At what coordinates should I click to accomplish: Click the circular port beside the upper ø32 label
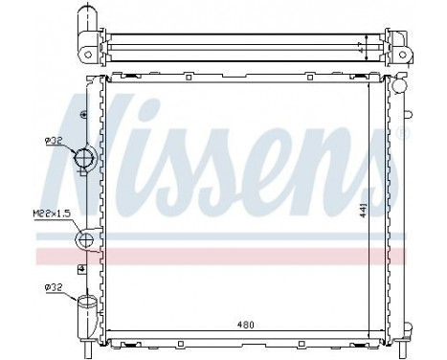click(84, 157)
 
